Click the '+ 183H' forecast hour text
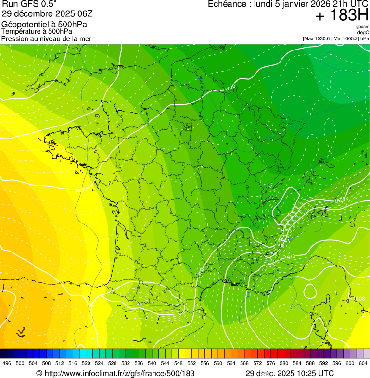[342, 15]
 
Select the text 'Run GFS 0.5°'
[29, 4]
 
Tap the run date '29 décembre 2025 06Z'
[47, 13]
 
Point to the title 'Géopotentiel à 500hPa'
[44, 25]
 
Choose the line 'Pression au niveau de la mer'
[46, 38]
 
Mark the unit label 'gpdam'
[362, 27]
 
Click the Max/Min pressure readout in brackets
[336, 38]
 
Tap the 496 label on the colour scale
[7, 364]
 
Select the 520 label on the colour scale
[86, 364]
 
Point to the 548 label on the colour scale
[179, 364]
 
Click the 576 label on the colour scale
[271, 364]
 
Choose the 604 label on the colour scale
[363, 364]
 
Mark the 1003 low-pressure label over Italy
[359, 299]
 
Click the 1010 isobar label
[289, 258]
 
